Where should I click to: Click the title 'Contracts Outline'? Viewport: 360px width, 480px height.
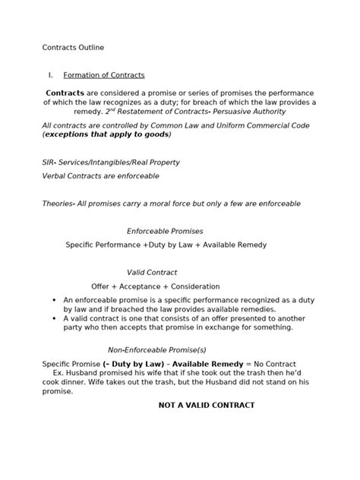click(x=73, y=48)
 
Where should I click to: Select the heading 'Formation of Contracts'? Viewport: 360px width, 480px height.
click(x=104, y=75)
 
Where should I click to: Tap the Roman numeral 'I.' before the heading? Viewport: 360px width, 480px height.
click(x=50, y=75)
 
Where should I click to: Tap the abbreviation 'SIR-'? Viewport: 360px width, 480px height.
click(x=51, y=163)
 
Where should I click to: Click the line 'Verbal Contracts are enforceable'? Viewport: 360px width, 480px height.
click(x=100, y=175)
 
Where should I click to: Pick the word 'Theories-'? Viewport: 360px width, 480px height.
click(x=59, y=204)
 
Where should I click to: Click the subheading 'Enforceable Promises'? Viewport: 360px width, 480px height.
click(x=165, y=231)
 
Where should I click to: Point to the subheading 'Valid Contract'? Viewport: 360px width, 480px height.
click(x=152, y=272)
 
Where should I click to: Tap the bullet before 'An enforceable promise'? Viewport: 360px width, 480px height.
click(x=54, y=300)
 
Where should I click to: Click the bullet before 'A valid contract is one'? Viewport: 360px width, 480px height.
click(x=54, y=318)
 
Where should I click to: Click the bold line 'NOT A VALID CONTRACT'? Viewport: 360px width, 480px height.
click(x=206, y=405)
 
